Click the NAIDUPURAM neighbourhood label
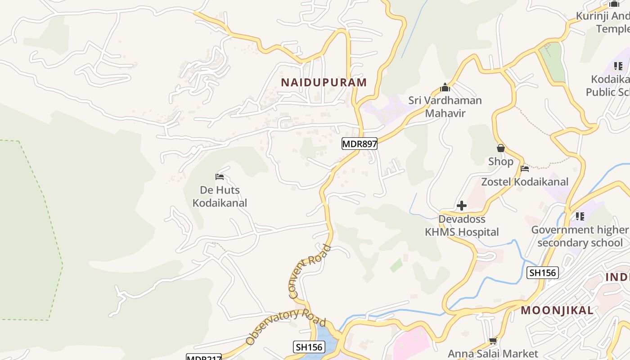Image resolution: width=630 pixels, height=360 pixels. [324, 82]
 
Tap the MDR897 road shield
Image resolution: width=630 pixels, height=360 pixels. [359, 144]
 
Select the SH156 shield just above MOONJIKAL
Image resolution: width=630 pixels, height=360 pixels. [543, 272]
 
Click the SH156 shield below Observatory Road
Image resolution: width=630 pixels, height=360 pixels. [309, 347]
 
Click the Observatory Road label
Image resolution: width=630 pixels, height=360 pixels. [285, 326]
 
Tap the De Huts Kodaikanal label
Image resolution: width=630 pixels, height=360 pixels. [220, 196]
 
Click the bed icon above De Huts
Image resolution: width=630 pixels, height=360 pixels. [220, 177]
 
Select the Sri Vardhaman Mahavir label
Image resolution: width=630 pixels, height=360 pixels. [445, 106]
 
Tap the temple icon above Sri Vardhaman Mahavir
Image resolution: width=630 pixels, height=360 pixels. [445, 87]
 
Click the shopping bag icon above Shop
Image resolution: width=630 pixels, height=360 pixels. [500, 148]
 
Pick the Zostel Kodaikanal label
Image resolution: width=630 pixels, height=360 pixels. [525, 182]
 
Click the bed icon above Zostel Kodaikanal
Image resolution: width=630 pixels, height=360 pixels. [525, 169]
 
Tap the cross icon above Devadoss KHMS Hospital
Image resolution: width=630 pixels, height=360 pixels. [462, 206]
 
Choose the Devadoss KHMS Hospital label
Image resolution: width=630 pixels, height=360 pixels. [462, 225]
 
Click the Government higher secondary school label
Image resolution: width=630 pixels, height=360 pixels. [580, 236]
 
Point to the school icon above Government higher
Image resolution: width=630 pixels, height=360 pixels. [580, 216]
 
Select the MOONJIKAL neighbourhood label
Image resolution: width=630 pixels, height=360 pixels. [557, 310]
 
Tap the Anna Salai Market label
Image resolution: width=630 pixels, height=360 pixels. [493, 354]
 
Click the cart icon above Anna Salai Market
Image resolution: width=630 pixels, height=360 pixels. [493, 341]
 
